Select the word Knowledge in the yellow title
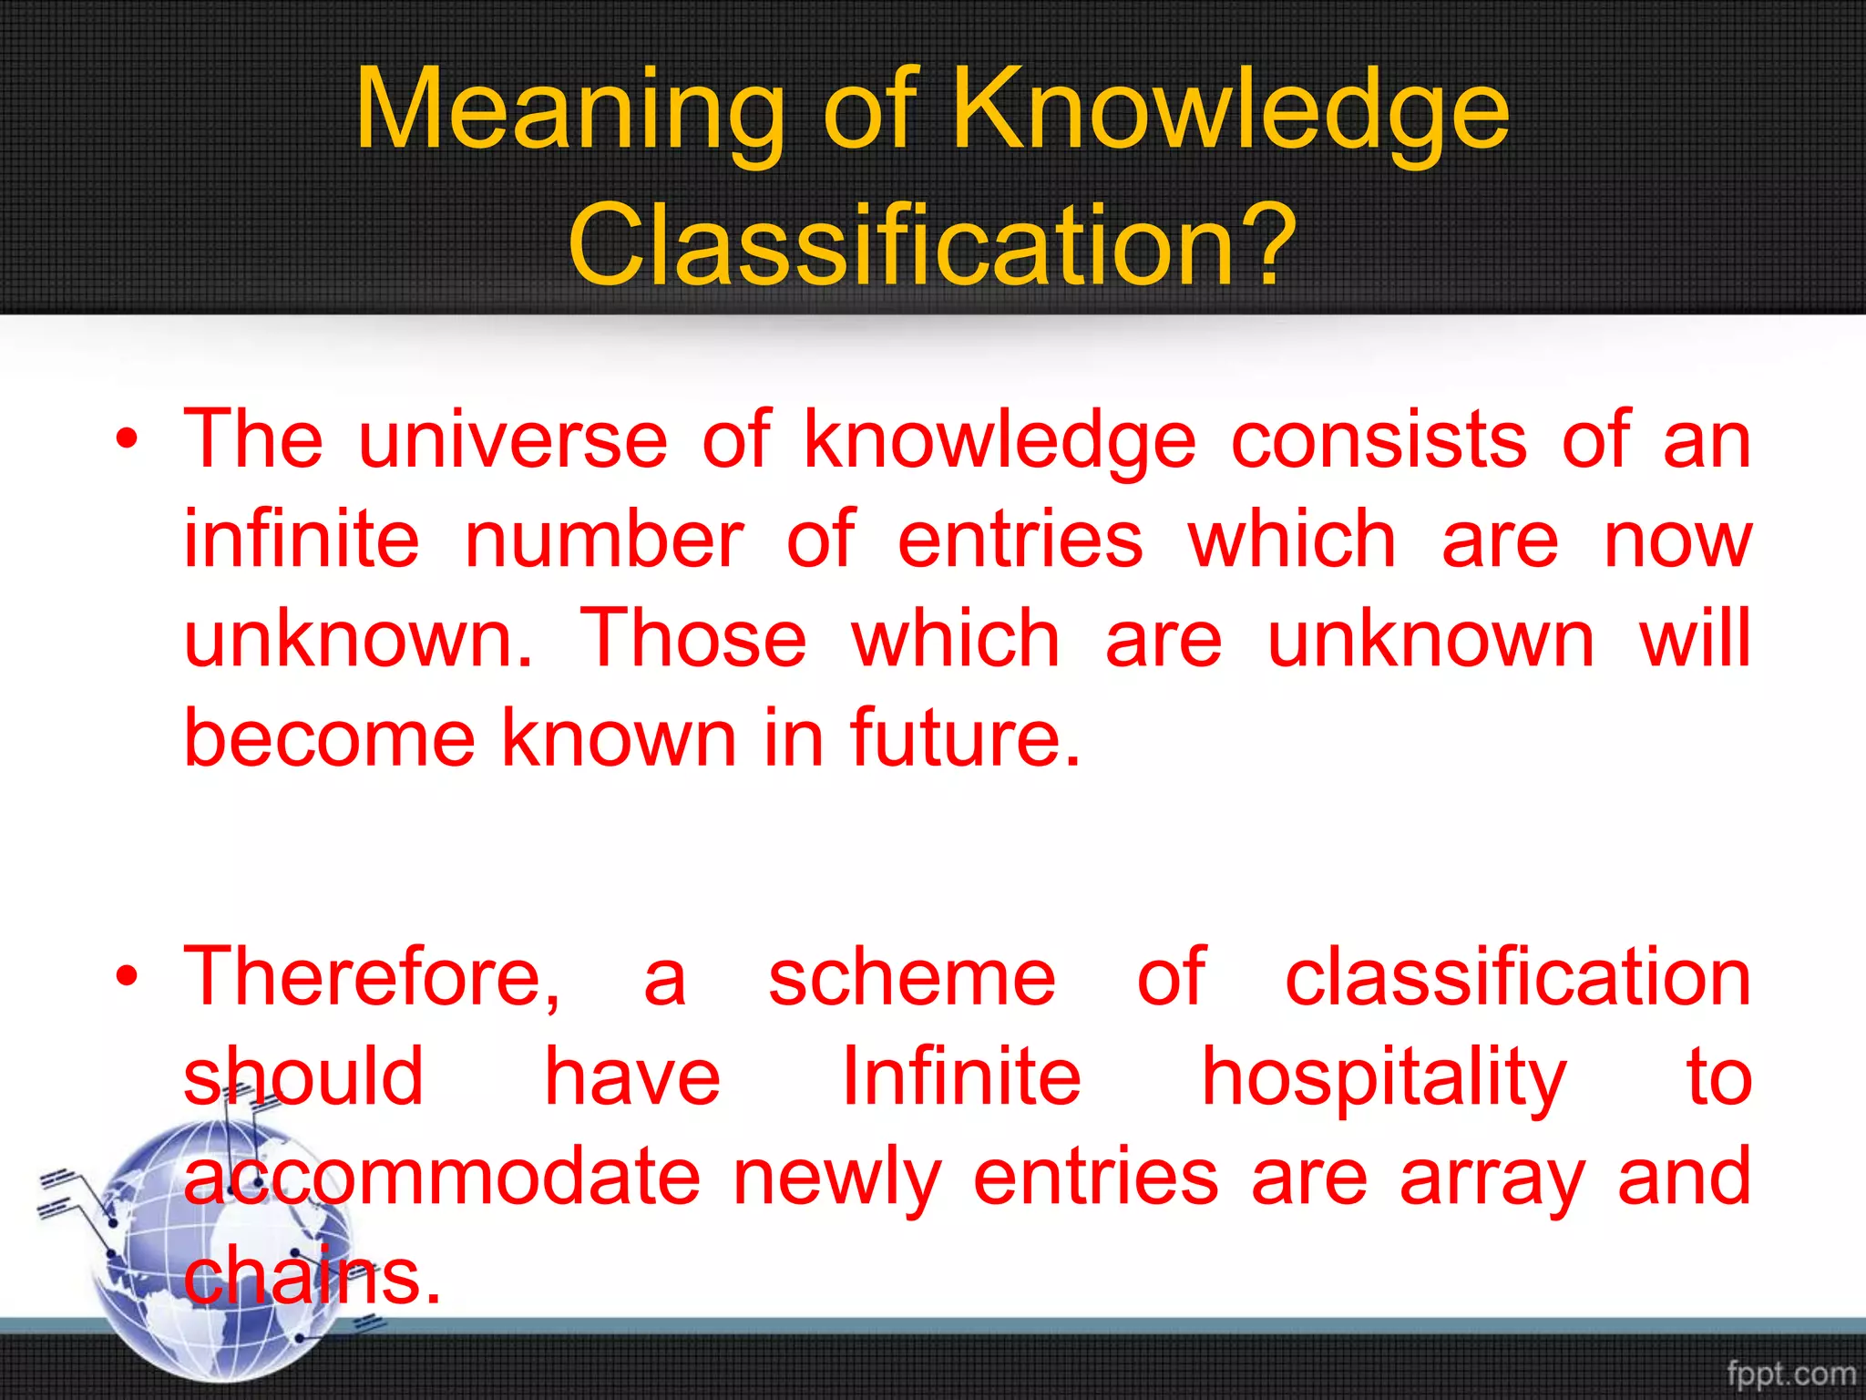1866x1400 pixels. (1231, 112)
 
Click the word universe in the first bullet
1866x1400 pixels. (513, 440)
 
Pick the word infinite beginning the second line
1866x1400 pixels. (302, 540)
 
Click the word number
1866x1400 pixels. (604, 540)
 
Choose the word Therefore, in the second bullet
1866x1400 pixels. (373, 977)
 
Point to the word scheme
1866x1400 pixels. (911, 977)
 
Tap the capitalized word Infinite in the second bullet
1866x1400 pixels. (961, 1076)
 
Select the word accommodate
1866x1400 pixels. (442, 1177)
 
